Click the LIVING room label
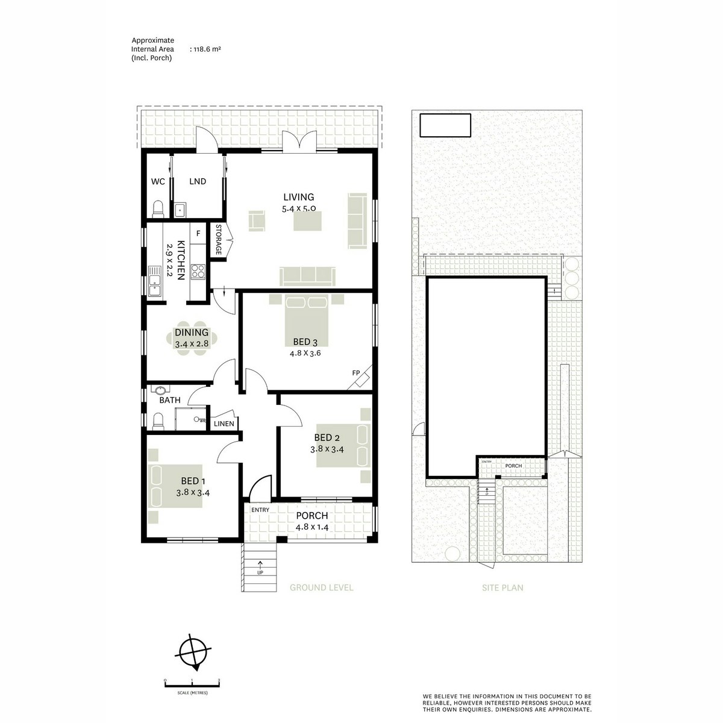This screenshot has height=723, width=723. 299,197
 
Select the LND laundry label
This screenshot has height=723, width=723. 198,181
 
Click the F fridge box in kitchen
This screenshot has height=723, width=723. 198,232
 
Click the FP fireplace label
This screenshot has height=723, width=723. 356,374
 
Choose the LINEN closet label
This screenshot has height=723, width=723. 224,424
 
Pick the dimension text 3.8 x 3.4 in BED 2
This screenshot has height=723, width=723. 327,449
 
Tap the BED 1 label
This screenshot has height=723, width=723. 193,481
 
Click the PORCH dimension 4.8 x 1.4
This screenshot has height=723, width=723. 311,527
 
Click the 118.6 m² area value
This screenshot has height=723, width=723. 206,49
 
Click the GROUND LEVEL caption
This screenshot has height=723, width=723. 321,587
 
